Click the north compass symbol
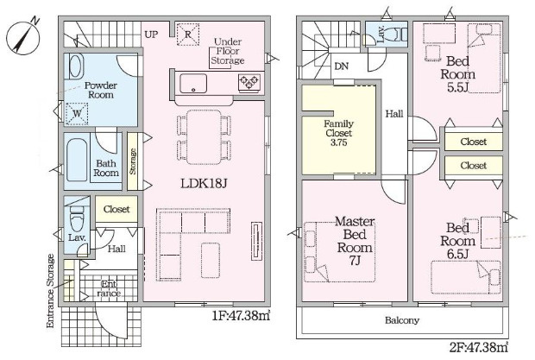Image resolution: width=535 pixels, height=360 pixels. pyautogui.click(x=22, y=36)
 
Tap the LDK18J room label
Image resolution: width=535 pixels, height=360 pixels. pyautogui.click(x=204, y=184)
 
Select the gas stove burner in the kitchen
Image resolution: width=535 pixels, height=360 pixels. pyautogui.click(x=250, y=82)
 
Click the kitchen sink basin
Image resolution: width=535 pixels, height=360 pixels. pyautogui.click(x=193, y=83)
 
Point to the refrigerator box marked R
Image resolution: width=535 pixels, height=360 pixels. pyautogui.click(x=188, y=35)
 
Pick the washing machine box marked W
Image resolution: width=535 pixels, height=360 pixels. pyautogui.click(x=77, y=113)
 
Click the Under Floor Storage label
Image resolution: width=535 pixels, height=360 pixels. pyautogui.click(x=228, y=51)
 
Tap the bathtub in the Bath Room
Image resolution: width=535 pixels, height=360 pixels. pyautogui.click(x=77, y=160)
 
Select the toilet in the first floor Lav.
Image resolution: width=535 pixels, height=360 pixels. pyautogui.click(x=77, y=218)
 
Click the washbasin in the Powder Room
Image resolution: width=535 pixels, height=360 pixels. pyautogui.click(x=76, y=66)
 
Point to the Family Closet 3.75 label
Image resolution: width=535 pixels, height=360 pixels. pyautogui.click(x=338, y=133)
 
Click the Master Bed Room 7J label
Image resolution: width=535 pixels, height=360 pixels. pyautogui.click(x=355, y=241)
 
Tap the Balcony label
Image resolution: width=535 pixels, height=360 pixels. pyautogui.click(x=402, y=320)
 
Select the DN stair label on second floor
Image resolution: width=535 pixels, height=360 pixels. pyautogui.click(x=342, y=66)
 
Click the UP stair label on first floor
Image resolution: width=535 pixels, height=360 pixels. pyautogui.click(x=151, y=35)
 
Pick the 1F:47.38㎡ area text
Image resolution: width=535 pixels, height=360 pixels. pyautogui.click(x=242, y=316)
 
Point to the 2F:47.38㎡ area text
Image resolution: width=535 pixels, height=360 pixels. pyautogui.click(x=479, y=348)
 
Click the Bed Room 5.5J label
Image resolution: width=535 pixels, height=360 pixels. pyautogui.click(x=457, y=74)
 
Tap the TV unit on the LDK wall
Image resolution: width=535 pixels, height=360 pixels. pyautogui.click(x=257, y=241)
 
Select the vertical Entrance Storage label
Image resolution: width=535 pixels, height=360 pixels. pyautogui.click(x=51, y=291)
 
